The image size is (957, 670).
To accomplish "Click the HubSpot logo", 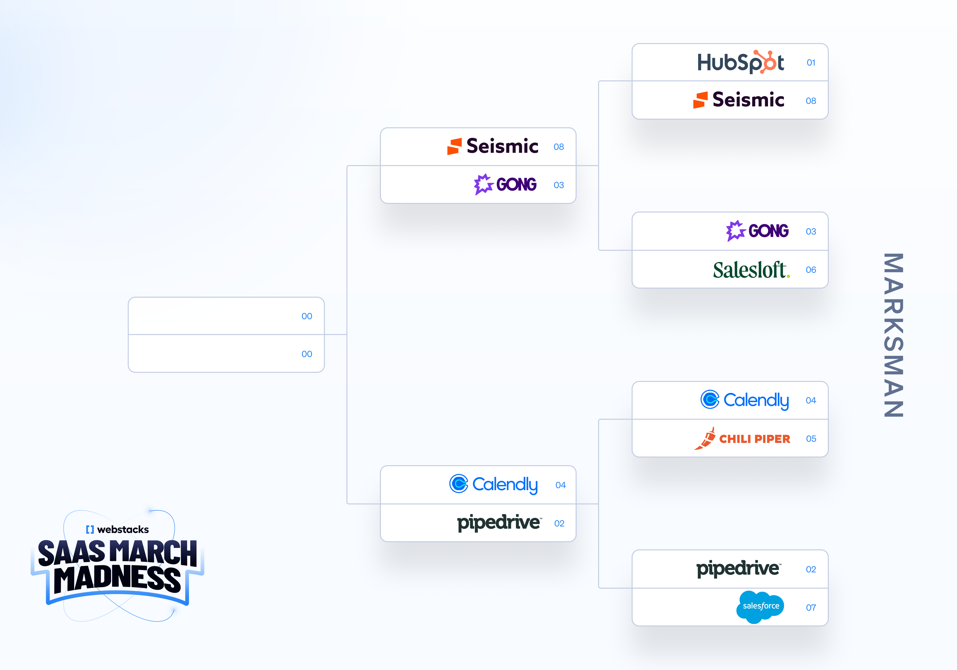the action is click(740, 62).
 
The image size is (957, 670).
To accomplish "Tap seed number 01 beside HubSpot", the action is click(811, 62).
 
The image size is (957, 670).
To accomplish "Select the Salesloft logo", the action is click(751, 270).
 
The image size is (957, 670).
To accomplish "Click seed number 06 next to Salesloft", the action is click(811, 270).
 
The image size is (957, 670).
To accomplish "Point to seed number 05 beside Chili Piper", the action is click(811, 439).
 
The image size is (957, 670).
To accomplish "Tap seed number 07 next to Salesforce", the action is click(811, 608).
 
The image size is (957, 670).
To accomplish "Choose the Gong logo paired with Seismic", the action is click(505, 184).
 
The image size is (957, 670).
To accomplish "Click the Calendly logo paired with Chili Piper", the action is click(744, 400).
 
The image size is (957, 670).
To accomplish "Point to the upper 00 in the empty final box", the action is click(307, 316).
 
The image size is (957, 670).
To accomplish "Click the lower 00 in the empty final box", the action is click(307, 354).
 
